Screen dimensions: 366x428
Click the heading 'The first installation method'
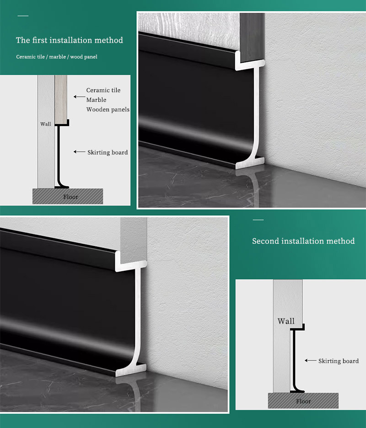pyautogui.click(x=69, y=40)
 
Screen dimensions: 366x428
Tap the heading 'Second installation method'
pyautogui.click(x=303, y=241)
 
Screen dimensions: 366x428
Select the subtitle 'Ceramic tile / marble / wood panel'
pyautogui.click(x=57, y=57)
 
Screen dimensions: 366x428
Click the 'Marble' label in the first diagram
pyautogui.click(x=96, y=99)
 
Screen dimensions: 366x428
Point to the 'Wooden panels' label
pyautogui.click(x=108, y=110)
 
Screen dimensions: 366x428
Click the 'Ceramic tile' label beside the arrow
pyautogui.click(x=103, y=90)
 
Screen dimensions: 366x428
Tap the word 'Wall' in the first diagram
pyautogui.click(x=45, y=124)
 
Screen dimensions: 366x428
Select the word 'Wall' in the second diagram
pyautogui.click(x=286, y=321)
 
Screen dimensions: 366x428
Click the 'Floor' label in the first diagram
pyautogui.click(x=70, y=197)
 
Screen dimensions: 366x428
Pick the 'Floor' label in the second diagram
pyautogui.click(x=303, y=401)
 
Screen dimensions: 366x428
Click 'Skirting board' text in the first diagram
pyautogui.click(x=108, y=152)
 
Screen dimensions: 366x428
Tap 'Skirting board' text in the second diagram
pyautogui.click(x=339, y=361)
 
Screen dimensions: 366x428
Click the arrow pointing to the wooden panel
pyautogui.click(x=79, y=97)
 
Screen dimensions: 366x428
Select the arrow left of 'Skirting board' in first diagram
pyautogui.click(x=79, y=152)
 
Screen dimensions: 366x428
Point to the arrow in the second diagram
pyautogui.click(x=310, y=361)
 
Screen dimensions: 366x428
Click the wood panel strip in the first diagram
pyautogui.click(x=61, y=99)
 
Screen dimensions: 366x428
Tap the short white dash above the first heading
pyautogui.click(x=23, y=16)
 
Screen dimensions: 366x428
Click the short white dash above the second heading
pyautogui.click(x=258, y=220)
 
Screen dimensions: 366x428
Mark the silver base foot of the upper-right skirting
pyautogui.click(x=250, y=163)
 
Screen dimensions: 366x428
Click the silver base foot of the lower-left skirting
pyautogui.click(x=131, y=370)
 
